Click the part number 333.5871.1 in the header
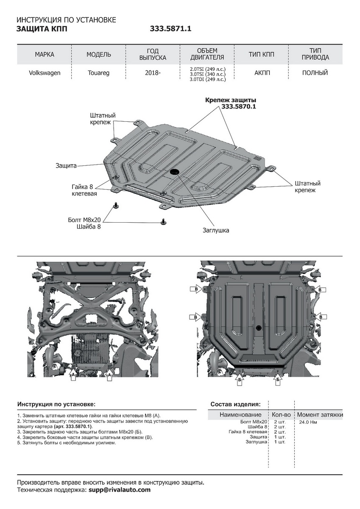(x=171, y=29)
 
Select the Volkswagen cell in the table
(x=45, y=73)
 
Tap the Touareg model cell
(x=98, y=73)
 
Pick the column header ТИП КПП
(x=261, y=55)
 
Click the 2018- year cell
(x=153, y=73)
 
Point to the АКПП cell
(x=262, y=73)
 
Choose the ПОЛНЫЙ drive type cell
(x=315, y=73)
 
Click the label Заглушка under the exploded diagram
(x=215, y=230)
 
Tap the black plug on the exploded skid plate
(x=174, y=172)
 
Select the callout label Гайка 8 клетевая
(x=84, y=190)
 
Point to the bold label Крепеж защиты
(x=231, y=100)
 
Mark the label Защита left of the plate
(x=66, y=165)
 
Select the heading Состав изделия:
(x=236, y=404)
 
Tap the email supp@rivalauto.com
(x=120, y=490)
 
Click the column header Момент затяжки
(x=320, y=414)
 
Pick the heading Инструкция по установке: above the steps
(x=56, y=404)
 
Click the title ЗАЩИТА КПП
(x=42, y=29)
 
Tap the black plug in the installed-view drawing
(x=258, y=327)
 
